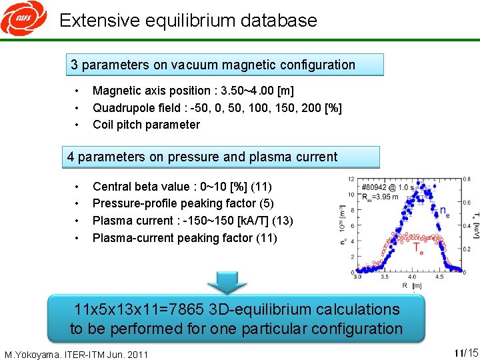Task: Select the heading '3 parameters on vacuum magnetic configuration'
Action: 213,65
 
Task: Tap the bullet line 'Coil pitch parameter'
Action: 146,125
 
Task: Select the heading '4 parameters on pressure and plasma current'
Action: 203,157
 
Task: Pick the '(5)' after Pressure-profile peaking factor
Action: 268,203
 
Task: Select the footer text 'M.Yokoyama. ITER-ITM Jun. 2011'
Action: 76,353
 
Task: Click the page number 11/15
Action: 465,353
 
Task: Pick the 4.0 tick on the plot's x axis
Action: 412,277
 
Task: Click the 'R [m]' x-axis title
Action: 414,285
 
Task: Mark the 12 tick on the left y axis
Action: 351,179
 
